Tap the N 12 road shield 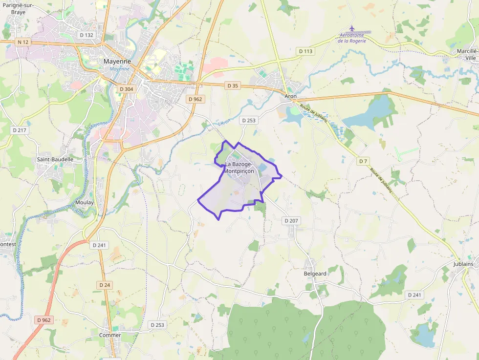click(23, 42)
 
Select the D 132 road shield click(86, 35)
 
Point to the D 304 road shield click(126, 89)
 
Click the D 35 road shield click(233, 85)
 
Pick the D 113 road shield click(305, 51)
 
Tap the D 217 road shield click(20, 130)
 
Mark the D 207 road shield click(291, 221)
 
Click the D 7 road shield click(363, 161)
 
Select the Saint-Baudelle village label click(55, 159)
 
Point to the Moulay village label click(85, 202)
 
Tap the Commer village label click(110, 335)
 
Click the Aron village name click(291, 96)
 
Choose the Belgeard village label click(315, 274)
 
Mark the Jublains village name click(463, 264)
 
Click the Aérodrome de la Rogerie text click(359, 38)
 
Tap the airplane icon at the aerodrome click(352, 28)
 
